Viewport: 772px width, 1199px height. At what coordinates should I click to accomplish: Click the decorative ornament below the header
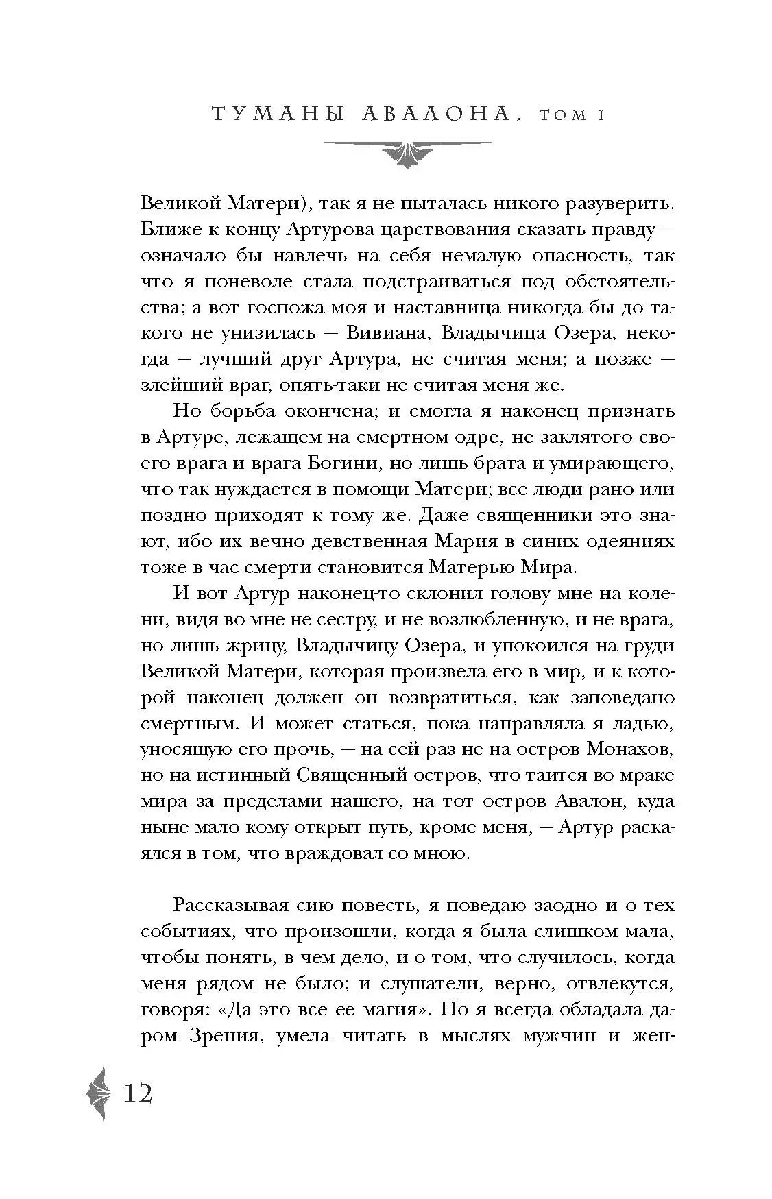pyautogui.click(x=407, y=152)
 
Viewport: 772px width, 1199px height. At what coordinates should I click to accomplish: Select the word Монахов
pyautogui.click(x=630, y=749)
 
